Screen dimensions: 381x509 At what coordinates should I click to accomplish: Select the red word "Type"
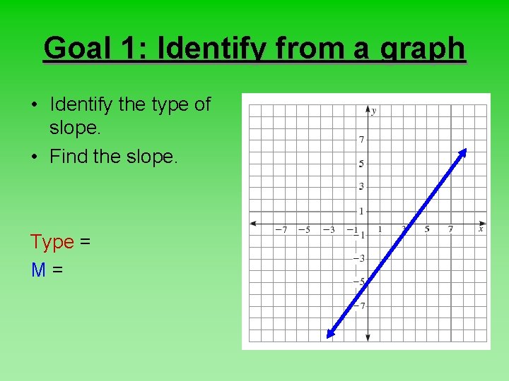(52, 242)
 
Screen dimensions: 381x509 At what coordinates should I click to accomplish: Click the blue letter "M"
(39, 269)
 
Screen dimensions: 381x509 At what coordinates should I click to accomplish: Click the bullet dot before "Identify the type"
(34, 105)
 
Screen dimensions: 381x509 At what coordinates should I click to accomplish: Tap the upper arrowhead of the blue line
(464, 151)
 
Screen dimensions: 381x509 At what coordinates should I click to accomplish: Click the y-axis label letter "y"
(374, 111)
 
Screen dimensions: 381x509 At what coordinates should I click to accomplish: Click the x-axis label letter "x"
(481, 229)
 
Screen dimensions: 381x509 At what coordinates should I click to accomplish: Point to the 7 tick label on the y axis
(361, 140)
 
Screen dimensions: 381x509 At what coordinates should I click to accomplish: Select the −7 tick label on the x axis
(281, 229)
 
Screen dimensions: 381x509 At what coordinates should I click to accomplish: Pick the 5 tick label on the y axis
(361, 164)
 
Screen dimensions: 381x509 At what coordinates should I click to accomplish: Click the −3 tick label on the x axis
(328, 229)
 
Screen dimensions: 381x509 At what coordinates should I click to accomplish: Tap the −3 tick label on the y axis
(359, 259)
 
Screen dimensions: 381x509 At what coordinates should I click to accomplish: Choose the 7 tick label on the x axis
(450, 229)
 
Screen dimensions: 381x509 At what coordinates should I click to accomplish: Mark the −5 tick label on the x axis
(304, 229)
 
